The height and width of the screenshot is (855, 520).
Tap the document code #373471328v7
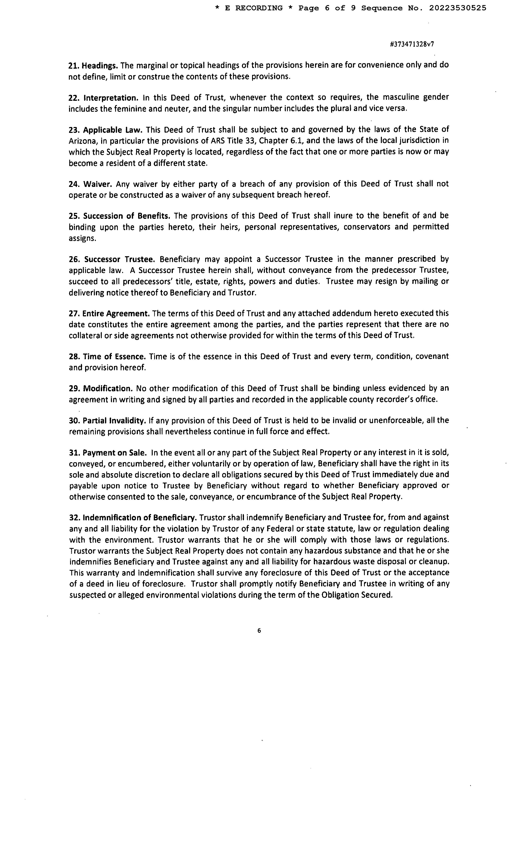click(x=412, y=44)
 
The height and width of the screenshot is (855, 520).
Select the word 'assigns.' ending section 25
click(x=82, y=238)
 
